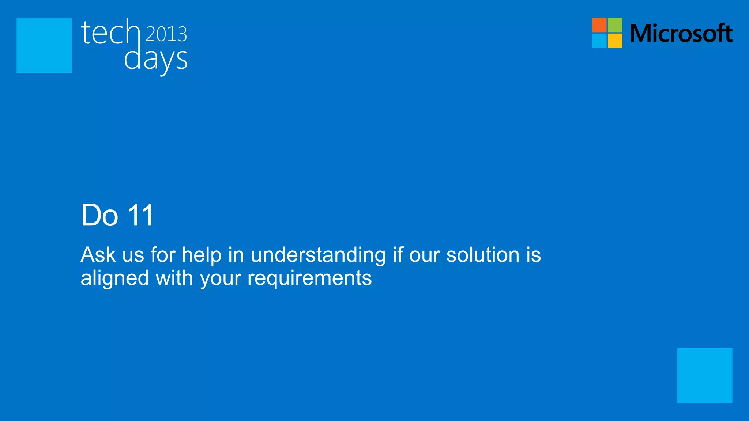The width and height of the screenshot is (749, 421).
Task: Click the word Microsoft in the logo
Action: point(681,33)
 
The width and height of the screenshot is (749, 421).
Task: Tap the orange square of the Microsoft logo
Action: point(599,25)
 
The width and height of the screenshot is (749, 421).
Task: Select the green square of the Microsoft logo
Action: point(615,25)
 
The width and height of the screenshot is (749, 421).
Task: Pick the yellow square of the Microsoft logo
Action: point(615,41)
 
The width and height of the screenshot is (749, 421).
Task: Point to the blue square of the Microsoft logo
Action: point(599,41)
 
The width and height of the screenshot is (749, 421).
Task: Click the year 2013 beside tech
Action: point(166,34)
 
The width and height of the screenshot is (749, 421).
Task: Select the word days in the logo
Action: point(156,59)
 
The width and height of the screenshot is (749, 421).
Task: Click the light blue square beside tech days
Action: point(44,45)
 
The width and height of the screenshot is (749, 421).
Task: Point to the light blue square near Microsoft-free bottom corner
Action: point(704,375)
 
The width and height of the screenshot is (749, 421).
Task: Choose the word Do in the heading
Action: point(99,215)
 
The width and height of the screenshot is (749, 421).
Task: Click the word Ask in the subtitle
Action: point(98,255)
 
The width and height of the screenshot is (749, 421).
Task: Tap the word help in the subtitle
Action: point(202,255)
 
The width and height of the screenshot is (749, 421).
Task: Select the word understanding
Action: point(318,255)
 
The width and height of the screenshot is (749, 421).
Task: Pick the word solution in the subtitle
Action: point(483,255)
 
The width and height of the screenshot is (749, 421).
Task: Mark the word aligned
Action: point(115,278)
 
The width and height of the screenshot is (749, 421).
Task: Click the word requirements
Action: point(309,278)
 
